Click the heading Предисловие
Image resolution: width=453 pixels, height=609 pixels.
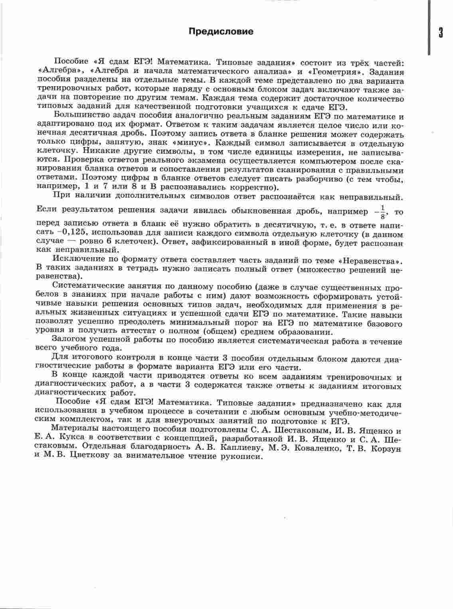pos(221,32)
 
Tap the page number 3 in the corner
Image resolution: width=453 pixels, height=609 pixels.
pos(441,33)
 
